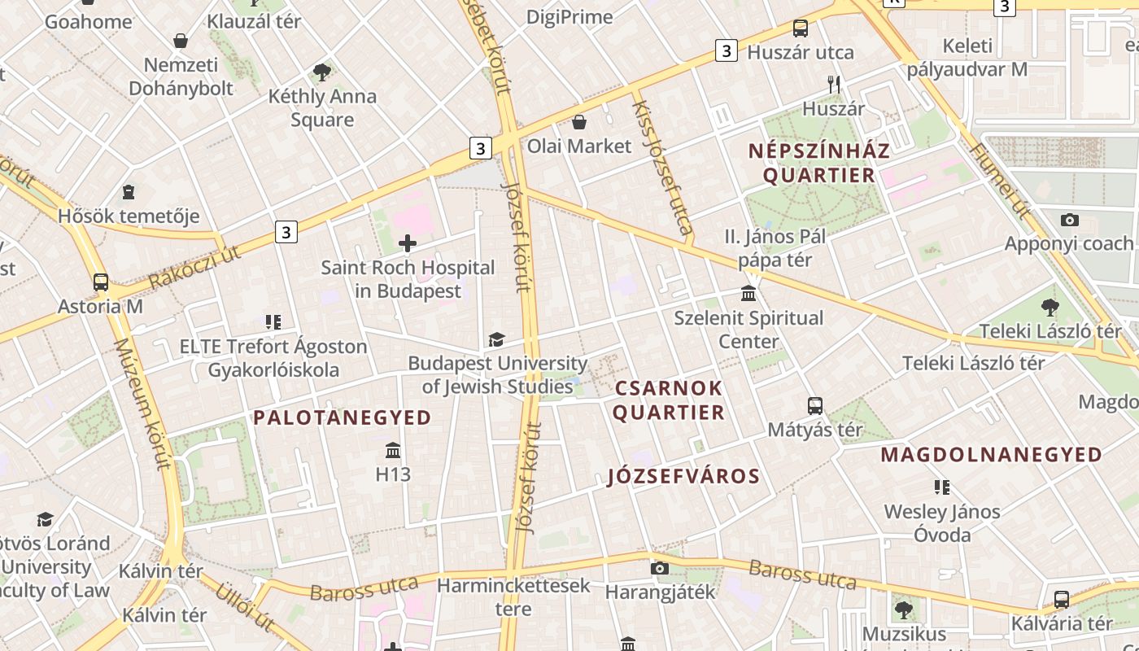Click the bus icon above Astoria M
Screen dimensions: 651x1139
pos(101,282)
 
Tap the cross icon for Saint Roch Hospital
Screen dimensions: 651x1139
pos(408,242)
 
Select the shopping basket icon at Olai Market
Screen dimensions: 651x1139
pos(579,123)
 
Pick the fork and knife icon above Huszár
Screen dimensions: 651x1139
pos(833,84)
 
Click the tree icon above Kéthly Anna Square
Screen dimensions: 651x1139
pos(322,72)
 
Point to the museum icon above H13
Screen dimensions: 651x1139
pos(393,450)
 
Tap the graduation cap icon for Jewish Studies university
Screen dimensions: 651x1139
pos(496,339)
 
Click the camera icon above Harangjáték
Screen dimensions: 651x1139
pos(660,568)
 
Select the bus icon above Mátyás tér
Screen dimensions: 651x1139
pos(814,405)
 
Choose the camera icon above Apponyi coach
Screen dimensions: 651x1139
pos(1070,220)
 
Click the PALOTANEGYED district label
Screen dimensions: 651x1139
pos(343,418)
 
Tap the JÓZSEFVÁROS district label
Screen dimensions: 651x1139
pos(684,477)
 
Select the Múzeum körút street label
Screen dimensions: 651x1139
pos(143,404)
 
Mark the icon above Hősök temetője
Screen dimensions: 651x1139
pos(129,192)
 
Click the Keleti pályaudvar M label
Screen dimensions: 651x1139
pos(967,58)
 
